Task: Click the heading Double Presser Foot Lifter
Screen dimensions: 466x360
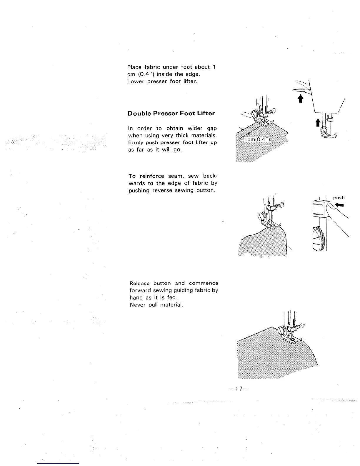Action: (x=171, y=114)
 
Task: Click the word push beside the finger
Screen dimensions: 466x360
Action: (x=339, y=198)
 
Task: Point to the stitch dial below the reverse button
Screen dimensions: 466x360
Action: (x=318, y=238)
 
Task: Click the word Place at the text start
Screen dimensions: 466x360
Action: (x=134, y=67)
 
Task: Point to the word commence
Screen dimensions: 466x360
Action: (x=204, y=283)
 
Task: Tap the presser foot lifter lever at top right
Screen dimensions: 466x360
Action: (x=299, y=91)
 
